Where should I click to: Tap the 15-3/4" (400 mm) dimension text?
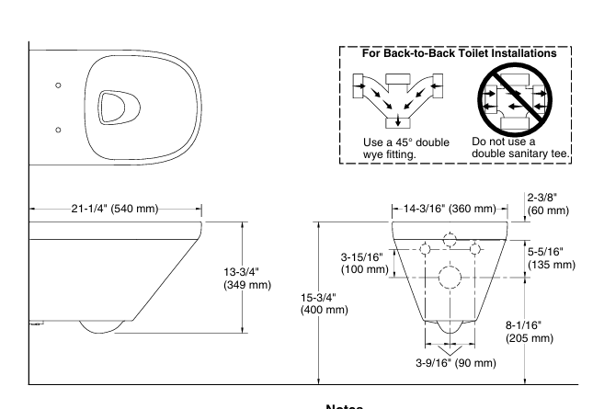coord(324,303)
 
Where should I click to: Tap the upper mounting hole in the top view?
coord(58,85)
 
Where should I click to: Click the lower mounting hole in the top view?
coord(58,130)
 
